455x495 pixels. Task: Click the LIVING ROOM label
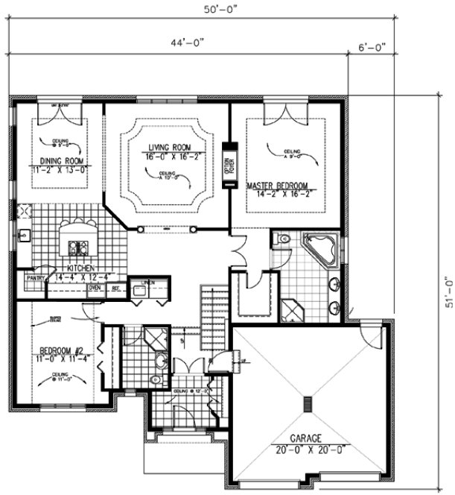click(168, 148)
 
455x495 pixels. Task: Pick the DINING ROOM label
click(60, 160)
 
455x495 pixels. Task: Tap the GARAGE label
click(308, 439)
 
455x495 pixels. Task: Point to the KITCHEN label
click(80, 268)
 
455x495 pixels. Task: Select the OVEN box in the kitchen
click(95, 287)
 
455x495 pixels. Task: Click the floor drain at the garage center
click(308, 403)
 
